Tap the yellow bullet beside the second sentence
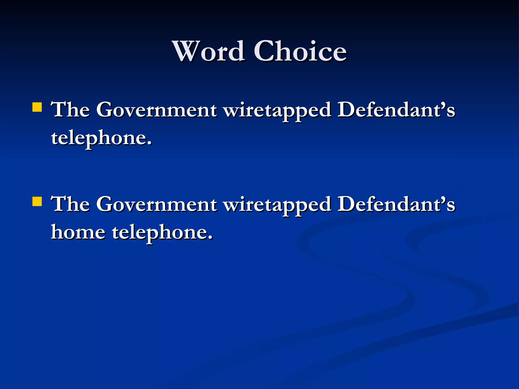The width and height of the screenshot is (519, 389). [37, 202]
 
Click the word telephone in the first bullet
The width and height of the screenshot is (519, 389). [99, 138]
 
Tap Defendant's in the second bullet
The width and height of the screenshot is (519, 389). [396, 204]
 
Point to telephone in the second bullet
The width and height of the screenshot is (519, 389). [160, 232]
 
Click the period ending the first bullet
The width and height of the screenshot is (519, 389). [149, 143]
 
